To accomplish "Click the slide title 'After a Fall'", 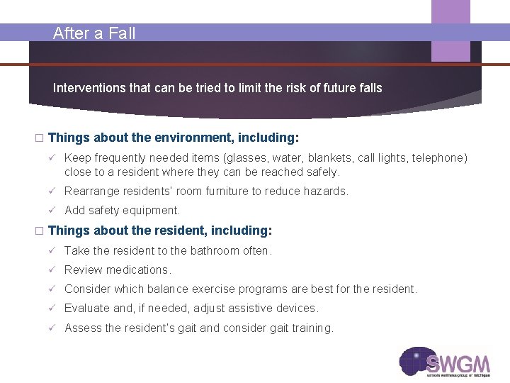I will pyautogui.click(x=94, y=33).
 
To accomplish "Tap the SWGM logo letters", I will pyautogui.click(x=458, y=364).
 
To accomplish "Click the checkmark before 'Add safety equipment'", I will pyautogui.click(x=51, y=210).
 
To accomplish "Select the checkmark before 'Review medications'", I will pyautogui.click(x=51, y=270).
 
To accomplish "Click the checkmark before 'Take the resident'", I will pyautogui.click(x=51, y=250).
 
